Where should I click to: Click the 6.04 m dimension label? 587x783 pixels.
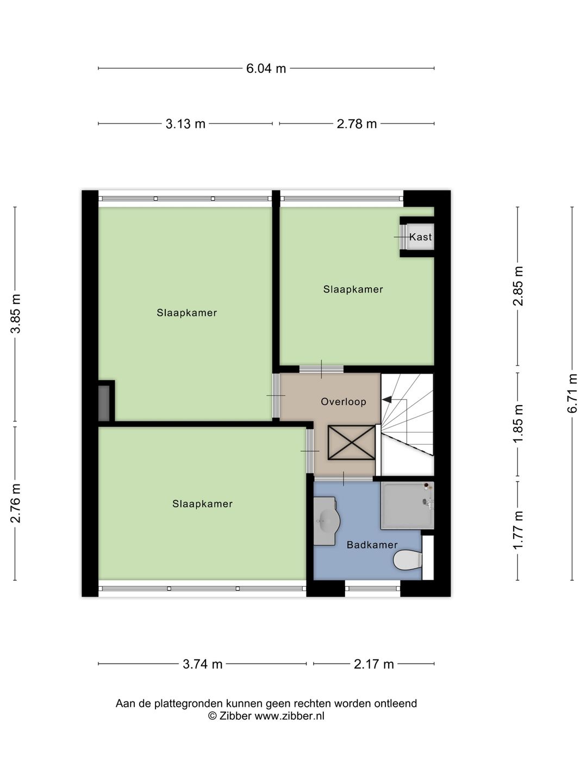tap(266, 69)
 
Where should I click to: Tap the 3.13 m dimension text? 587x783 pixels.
tap(185, 124)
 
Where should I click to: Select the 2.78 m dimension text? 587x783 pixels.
tap(357, 124)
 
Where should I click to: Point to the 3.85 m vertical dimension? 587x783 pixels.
tap(16, 314)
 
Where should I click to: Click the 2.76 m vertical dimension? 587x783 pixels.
tap(16, 503)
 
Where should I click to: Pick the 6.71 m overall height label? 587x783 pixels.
tap(572, 393)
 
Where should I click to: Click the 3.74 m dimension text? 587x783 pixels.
tap(202, 664)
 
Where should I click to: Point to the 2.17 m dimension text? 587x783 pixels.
tap(373, 664)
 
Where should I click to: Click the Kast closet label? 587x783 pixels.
tap(420, 237)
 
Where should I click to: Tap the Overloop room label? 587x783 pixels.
tap(344, 402)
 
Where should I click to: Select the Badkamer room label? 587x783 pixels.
tap(372, 545)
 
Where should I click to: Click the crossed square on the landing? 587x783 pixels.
tap(352, 443)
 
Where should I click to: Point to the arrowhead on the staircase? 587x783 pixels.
tap(387, 400)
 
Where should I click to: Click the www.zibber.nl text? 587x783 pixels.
tap(289, 716)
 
